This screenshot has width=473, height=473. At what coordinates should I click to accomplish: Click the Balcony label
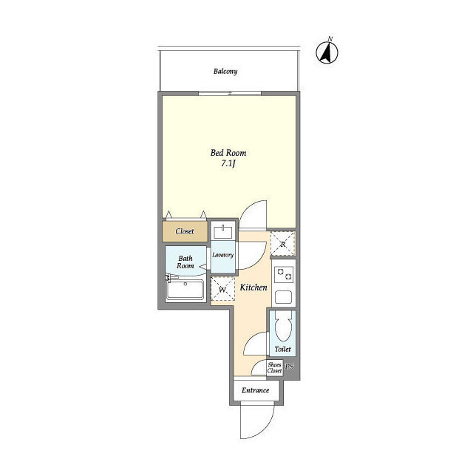coord(225,72)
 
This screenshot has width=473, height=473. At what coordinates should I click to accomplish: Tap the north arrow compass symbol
coord(327,52)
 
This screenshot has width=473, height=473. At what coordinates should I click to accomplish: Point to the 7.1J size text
coord(228,164)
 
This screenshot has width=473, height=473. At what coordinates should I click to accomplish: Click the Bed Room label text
coord(228,153)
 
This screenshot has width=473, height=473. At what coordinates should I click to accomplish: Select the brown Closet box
coord(185,231)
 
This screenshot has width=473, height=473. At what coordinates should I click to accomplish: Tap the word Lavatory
coord(223,255)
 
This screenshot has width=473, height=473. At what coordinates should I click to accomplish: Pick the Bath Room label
coord(186,262)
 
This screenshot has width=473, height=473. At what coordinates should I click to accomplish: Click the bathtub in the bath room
coord(186,290)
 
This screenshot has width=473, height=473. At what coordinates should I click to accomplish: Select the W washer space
coord(222,289)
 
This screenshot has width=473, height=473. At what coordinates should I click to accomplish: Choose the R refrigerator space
coord(283,244)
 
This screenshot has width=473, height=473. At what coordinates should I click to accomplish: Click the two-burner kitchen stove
coord(284,274)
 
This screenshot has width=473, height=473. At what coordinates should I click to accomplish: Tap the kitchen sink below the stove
coord(284,297)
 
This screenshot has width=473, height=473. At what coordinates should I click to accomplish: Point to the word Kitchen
coord(253,287)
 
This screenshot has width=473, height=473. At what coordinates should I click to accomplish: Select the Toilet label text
coord(282,349)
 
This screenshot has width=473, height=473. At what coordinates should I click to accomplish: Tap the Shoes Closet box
coord(274,368)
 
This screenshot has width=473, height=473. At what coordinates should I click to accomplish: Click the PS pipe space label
coord(290,367)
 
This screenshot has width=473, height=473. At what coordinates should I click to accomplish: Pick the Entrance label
coord(255,390)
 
